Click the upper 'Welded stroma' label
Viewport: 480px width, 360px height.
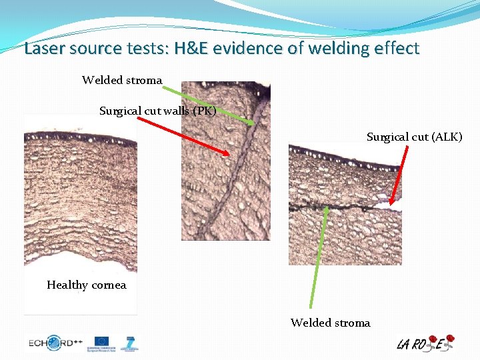point(122,80)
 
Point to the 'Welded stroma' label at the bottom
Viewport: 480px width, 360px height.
point(330,323)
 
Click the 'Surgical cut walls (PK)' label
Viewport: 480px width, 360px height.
point(157,111)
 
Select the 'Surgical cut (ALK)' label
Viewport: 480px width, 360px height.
point(414,137)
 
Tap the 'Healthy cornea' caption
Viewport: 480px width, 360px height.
point(86,285)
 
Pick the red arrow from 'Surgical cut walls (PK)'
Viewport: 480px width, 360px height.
point(184,137)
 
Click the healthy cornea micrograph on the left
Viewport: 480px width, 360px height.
point(80,200)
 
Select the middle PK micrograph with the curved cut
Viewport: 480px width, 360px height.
point(226,160)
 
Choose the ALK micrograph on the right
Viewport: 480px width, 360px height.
point(345,203)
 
